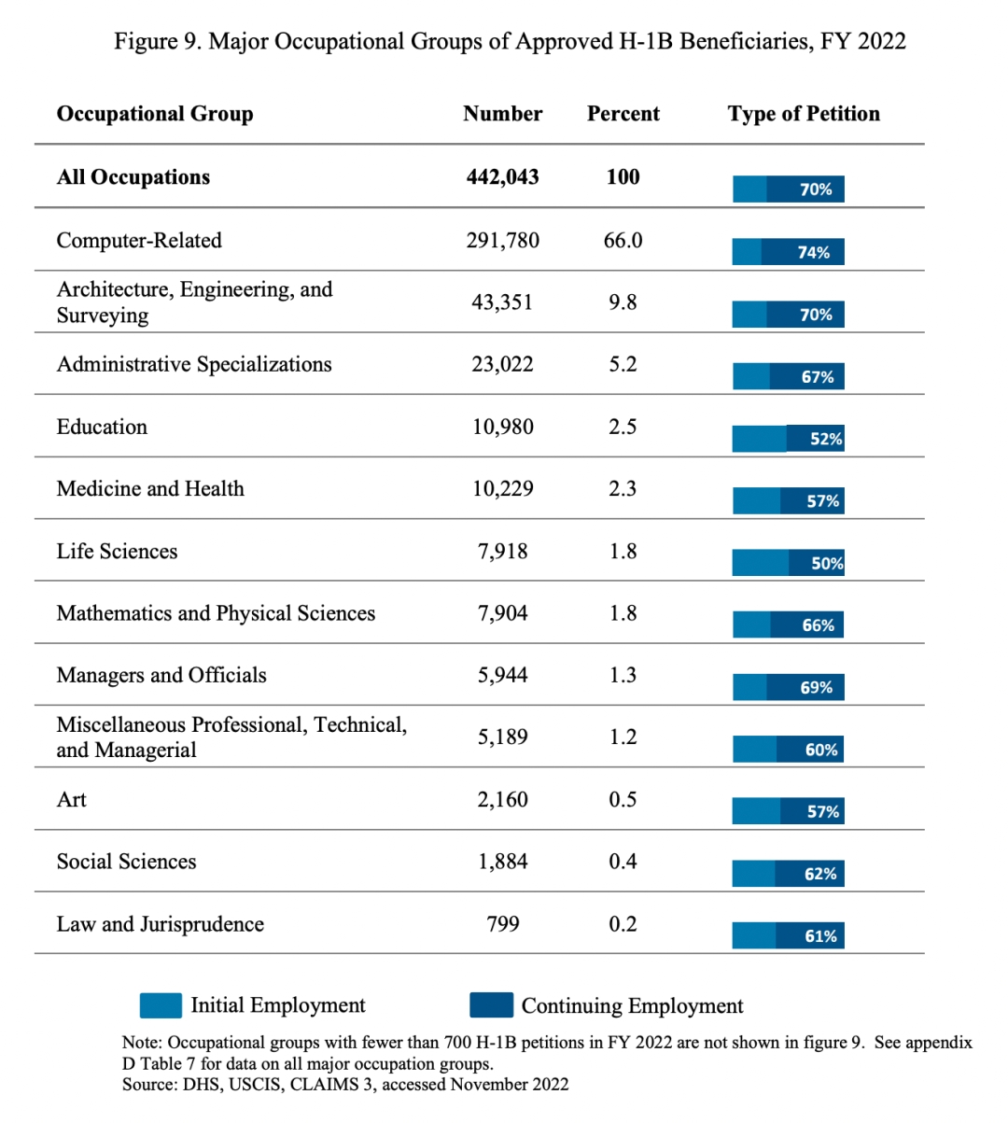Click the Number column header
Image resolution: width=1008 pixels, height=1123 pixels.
click(x=502, y=114)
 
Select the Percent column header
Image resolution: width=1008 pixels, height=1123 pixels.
click(x=623, y=114)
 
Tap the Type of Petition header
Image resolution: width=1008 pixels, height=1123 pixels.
click(x=804, y=114)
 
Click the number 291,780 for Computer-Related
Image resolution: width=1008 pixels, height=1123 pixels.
click(x=503, y=241)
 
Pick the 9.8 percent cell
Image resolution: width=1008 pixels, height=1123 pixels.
click(x=623, y=302)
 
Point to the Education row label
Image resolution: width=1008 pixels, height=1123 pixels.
click(x=102, y=427)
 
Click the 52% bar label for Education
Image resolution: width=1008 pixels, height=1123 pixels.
click(x=826, y=439)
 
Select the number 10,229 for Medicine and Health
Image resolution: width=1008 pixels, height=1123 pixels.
click(x=503, y=489)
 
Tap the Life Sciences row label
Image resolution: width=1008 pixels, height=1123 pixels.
click(x=117, y=552)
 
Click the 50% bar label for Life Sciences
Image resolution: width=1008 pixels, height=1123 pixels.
click(x=827, y=564)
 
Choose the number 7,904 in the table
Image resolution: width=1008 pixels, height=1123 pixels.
click(x=503, y=613)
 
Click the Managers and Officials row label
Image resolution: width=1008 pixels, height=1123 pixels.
click(x=161, y=676)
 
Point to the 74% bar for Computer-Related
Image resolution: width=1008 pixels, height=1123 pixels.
click(x=788, y=252)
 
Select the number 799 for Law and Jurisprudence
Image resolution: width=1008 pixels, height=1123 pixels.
click(x=503, y=924)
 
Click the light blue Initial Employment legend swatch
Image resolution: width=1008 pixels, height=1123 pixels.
click(x=161, y=1005)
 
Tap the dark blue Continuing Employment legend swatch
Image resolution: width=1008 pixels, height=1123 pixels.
click(x=491, y=1005)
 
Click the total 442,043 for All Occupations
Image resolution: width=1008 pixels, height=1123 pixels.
click(x=503, y=177)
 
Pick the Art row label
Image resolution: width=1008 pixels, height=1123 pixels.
click(x=72, y=800)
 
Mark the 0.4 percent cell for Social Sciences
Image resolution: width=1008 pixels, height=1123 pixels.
click(x=623, y=862)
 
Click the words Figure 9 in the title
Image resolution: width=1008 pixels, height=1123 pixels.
click(x=158, y=42)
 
